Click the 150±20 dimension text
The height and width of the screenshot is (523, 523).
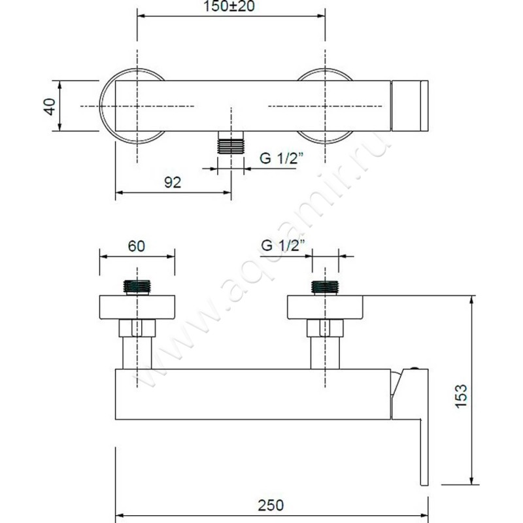(x=229, y=6)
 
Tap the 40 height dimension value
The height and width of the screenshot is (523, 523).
(x=50, y=107)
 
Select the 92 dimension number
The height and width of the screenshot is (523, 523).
(x=173, y=182)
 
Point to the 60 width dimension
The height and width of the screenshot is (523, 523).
(x=137, y=246)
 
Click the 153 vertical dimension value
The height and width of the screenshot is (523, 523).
(x=462, y=396)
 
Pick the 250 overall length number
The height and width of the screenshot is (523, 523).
(x=271, y=505)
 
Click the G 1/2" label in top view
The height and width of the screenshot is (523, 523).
(x=282, y=158)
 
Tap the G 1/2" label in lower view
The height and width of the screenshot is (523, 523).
(x=283, y=246)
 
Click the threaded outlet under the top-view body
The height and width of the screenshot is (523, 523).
(x=231, y=143)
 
